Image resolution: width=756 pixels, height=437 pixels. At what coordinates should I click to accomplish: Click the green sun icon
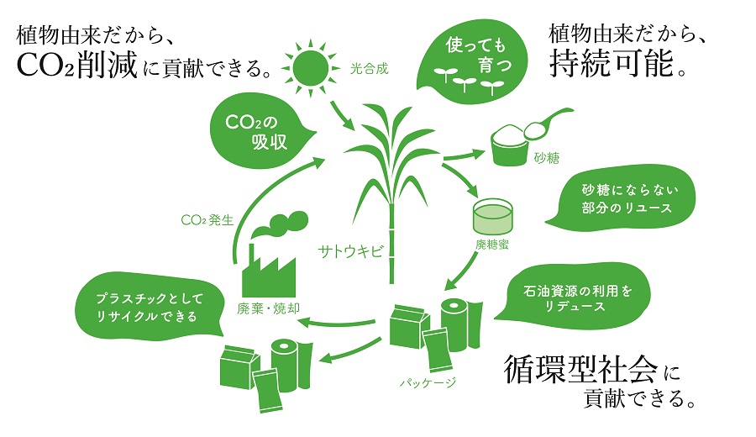306,63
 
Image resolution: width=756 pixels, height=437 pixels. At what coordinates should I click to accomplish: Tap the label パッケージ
428,383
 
